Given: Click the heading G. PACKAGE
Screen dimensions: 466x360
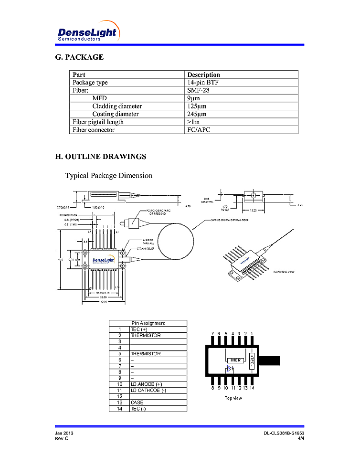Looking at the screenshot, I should [79, 57].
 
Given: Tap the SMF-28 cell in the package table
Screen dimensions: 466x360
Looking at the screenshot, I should [198, 90].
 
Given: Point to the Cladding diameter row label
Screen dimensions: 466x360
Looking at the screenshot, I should [117, 106].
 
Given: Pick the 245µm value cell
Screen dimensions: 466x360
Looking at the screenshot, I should [197, 114].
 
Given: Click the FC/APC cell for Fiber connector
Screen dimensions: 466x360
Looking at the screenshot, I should [199, 130].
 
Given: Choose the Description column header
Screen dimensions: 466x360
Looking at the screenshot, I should [203, 74].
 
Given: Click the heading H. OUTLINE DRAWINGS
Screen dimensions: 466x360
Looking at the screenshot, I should [101, 157].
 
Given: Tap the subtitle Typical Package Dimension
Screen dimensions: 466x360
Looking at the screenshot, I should [109, 176].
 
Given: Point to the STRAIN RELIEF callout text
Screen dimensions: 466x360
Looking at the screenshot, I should [145, 248].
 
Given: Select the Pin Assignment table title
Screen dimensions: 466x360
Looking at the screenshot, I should [148, 323].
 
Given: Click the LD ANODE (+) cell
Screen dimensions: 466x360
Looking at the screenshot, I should [146, 384].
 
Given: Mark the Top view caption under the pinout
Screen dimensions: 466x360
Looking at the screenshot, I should [233, 398].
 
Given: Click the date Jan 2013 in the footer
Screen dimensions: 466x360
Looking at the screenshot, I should [64, 433].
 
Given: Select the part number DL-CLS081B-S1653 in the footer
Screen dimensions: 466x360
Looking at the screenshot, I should [284, 433].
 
